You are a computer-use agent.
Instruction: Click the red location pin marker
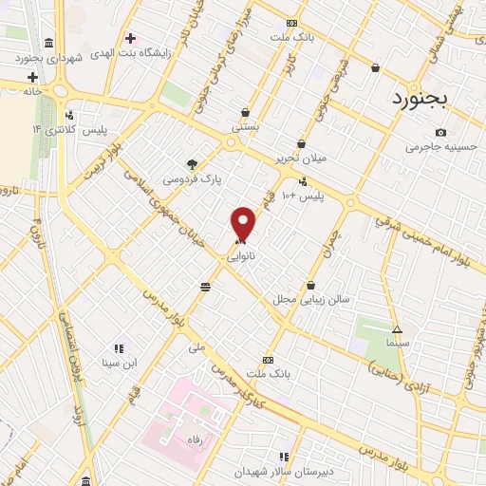tap(244, 223)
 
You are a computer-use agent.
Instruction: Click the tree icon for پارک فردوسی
tap(192, 162)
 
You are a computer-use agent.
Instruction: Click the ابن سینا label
tap(121, 363)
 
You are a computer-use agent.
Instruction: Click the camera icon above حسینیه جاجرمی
tap(440, 132)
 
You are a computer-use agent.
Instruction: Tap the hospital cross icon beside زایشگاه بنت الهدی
tap(130, 39)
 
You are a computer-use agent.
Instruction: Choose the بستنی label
tap(244, 126)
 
